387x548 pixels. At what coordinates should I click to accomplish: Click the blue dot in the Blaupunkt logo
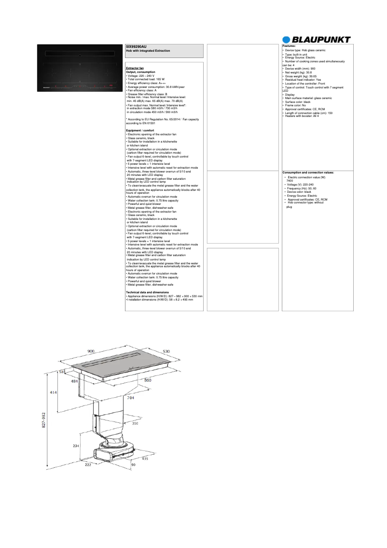click(x=287, y=40)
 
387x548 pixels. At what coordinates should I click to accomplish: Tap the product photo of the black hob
click(x=79, y=68)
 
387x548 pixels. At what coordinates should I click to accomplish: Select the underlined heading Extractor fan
click(x=135, y=69)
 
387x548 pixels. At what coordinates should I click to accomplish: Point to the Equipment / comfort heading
click(x=140, y=130)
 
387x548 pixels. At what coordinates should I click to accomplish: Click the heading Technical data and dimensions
click(x=147, y=292)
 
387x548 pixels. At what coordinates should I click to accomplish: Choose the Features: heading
click(x=289, y=45)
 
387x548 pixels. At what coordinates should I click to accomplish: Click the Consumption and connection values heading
click(x=308, y=173)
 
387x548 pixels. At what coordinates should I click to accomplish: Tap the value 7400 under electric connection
click(x=290, y=180)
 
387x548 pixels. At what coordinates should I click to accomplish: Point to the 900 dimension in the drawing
click(x=91, y=351)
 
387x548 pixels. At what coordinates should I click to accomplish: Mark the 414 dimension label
click(x=54, y=392)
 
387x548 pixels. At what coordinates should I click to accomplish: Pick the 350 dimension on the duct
click(x=136, y=423)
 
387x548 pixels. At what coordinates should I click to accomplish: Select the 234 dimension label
click(x=76, y=446)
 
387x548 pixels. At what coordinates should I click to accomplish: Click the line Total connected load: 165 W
click(x=145, y=79)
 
